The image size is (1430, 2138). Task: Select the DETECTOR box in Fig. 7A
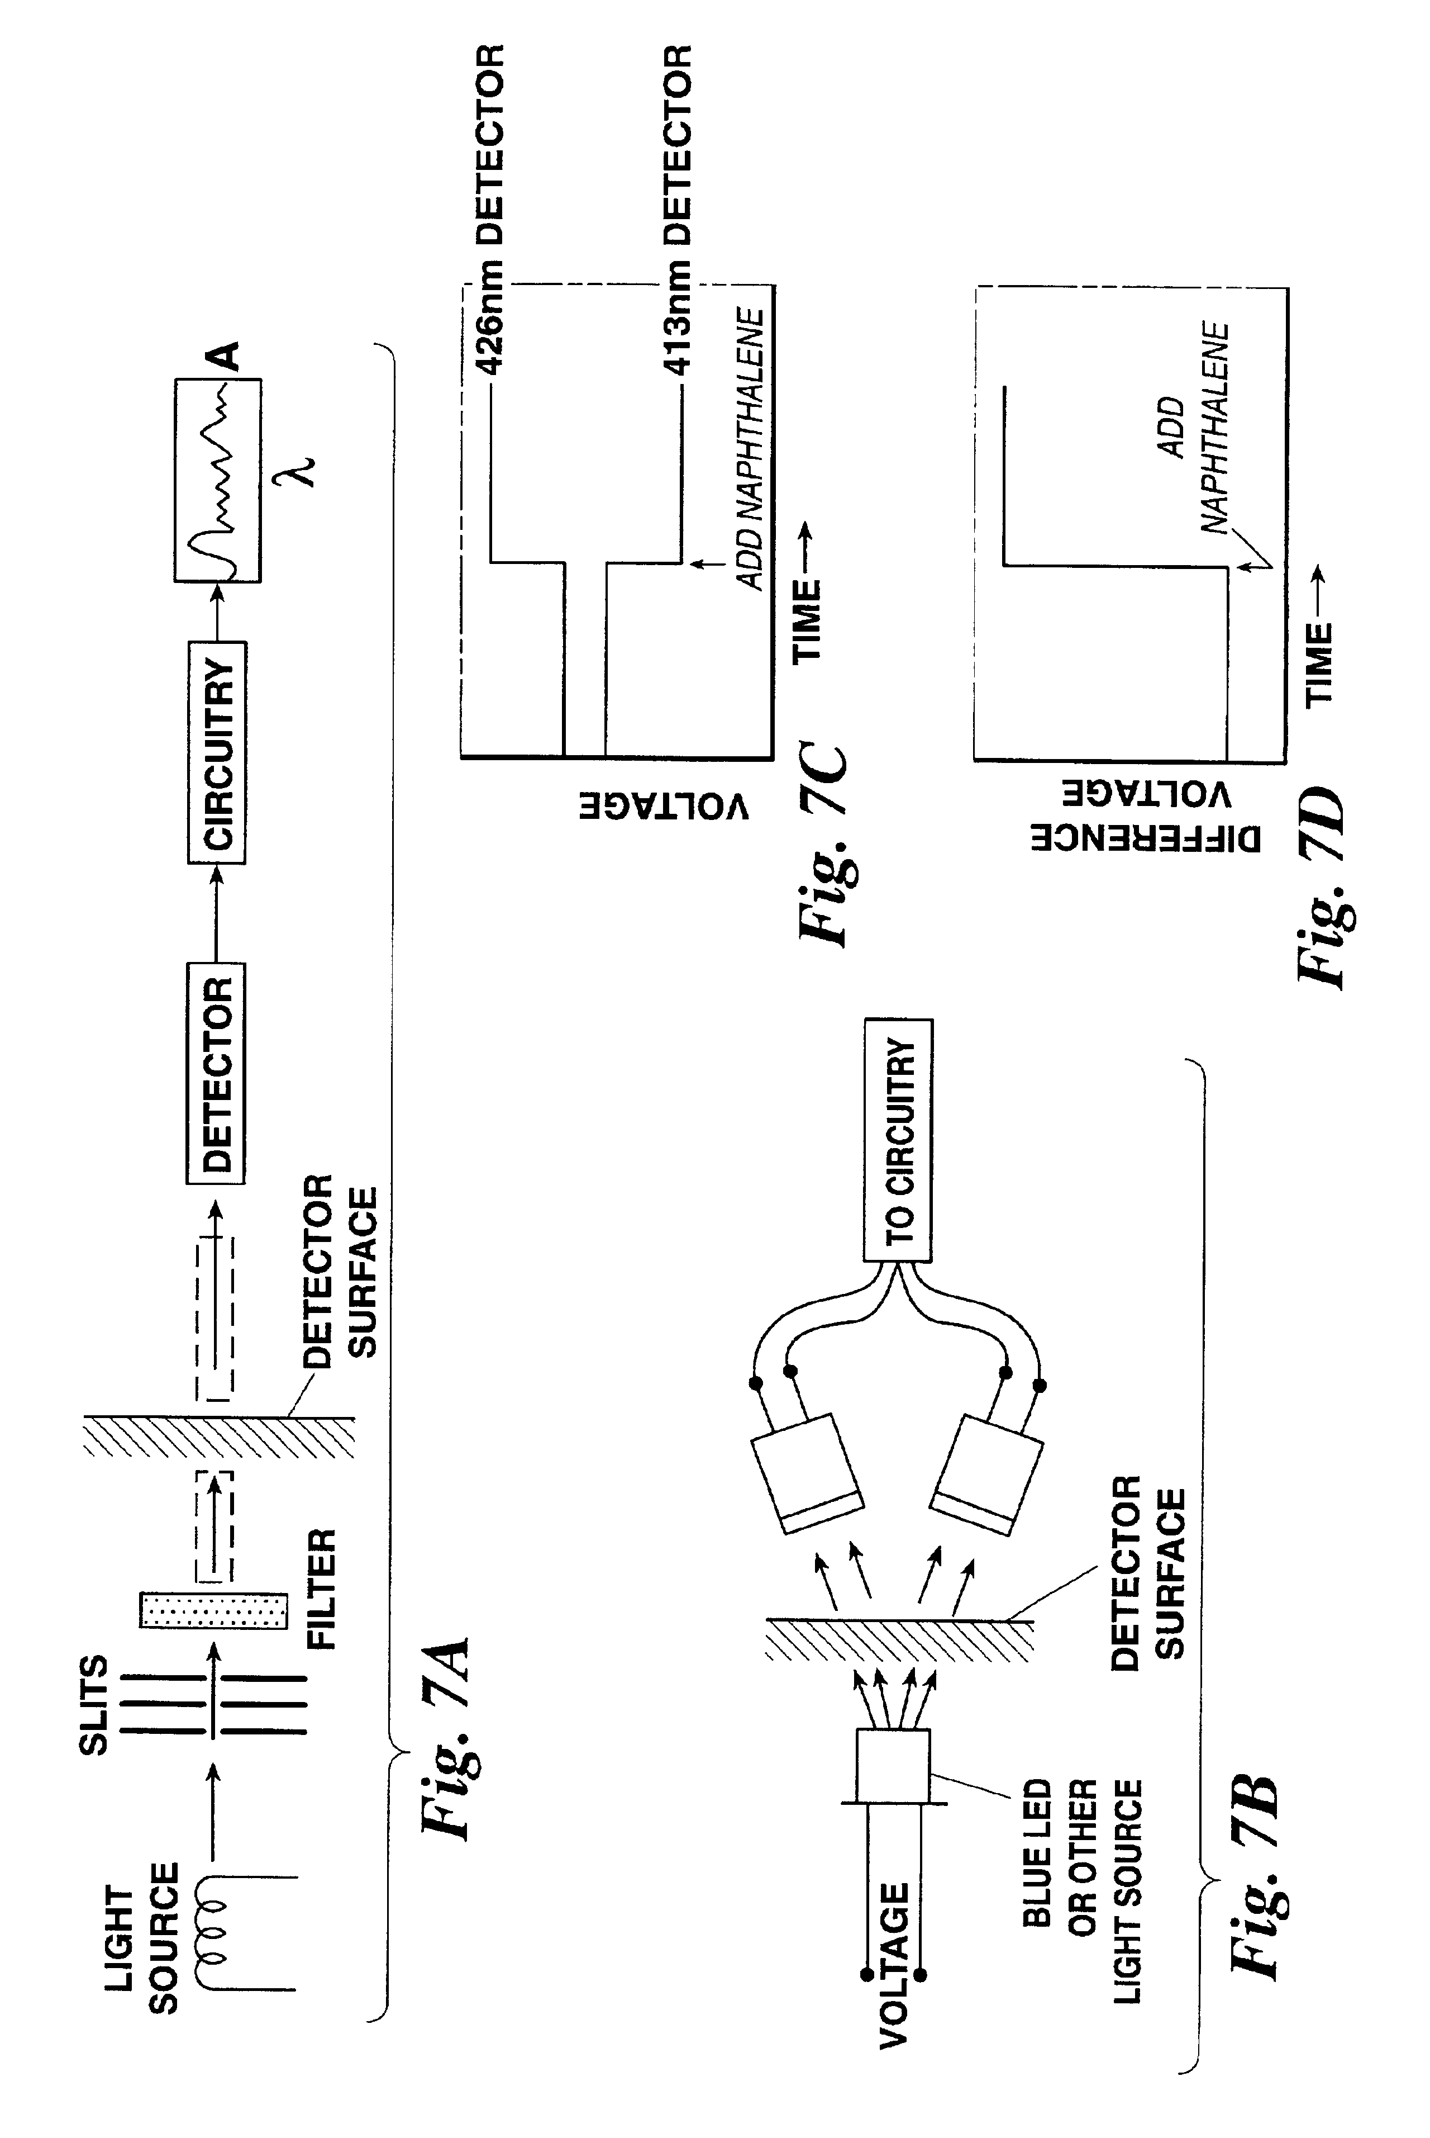click(x=216, y=1073)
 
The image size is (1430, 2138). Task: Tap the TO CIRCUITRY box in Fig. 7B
click(x=898, y=1140)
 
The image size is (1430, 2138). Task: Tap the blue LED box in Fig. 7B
click(x=893, y=1767)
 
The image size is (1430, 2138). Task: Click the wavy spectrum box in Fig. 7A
click(x=218, y=481)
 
